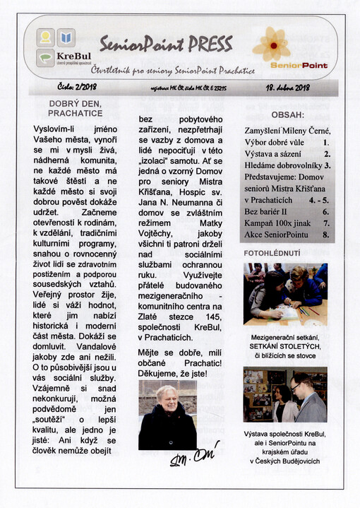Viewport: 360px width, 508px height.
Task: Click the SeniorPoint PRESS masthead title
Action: [166, 45]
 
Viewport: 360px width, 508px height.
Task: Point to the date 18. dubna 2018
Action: [288, 88]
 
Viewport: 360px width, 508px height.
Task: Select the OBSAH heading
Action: [287, 114]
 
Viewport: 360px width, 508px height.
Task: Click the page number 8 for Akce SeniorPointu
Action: [325, 234]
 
